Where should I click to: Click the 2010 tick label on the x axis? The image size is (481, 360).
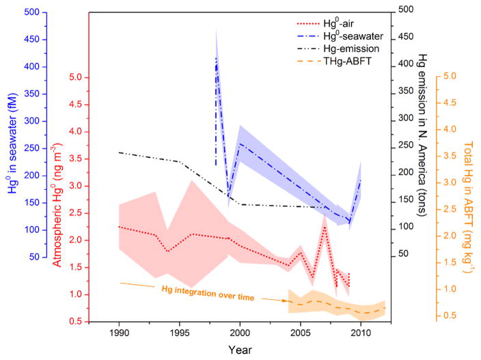(360, 333)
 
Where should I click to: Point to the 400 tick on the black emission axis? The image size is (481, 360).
(407, 64)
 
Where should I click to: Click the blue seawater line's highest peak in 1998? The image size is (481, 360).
(217, 57)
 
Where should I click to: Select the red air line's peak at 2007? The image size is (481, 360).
(325, 225)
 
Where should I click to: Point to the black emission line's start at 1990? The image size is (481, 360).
(119, 152)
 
